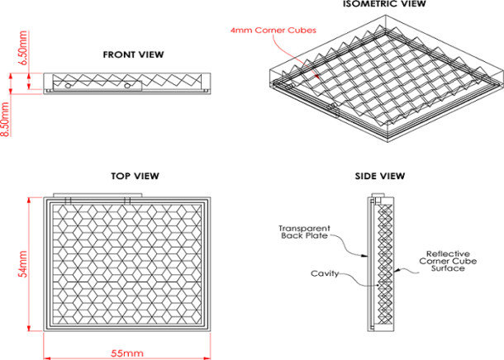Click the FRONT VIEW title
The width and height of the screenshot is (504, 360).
pyautogui.click(x=133, y=54)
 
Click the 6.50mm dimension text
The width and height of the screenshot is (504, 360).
pyautogui.click(x=24, y=48)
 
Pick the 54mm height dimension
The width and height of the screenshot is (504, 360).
pyautogui.click(x=25, y=265)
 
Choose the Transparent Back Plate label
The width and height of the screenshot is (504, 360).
pyautogui.click(x=303, y=233)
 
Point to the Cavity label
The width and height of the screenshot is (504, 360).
pyautogui.click(x=325, y=272)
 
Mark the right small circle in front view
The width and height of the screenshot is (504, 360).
pyautogui.click(x=127, y=84)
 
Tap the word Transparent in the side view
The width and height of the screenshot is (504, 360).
pyautogui.click(x=303, y=228)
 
